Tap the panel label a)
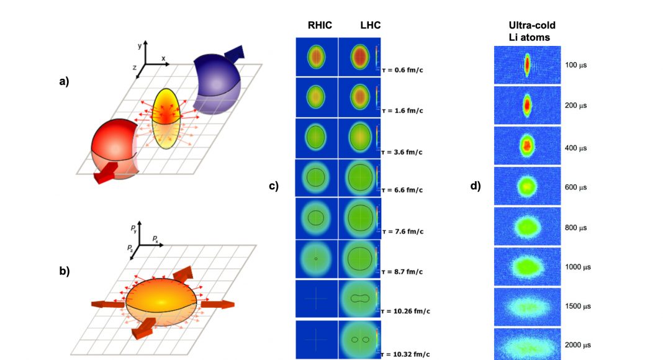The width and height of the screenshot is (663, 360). tap(65, 81)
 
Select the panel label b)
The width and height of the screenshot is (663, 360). tap(65, 271)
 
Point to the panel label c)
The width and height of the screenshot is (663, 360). tap(274, 186)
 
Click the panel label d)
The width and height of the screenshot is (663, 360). tap(476, 186)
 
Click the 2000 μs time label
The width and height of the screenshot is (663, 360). tap(578, 344)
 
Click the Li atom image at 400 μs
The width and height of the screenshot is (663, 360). tap(527, 146)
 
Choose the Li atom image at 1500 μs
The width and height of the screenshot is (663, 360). tap(527, 307)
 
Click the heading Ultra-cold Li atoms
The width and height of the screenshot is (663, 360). tap(532, 32)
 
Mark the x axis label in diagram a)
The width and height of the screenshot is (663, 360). tap(163, 58)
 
